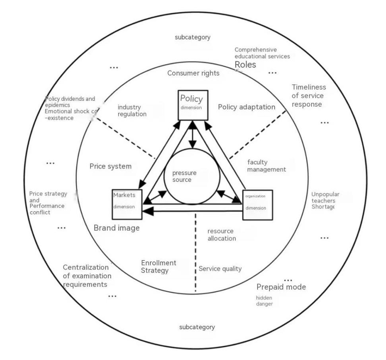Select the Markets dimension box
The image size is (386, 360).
pos(127,204)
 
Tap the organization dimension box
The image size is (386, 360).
pos(257,204)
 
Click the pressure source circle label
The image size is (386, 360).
pos(184,176)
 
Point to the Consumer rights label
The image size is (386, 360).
pos(193,73)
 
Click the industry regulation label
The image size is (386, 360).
pos(132,111)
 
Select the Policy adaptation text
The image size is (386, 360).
pos(246,107)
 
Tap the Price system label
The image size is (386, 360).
pos(110,166)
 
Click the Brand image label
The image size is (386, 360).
pos(116,228)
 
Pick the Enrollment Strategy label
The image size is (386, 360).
pos(158,267)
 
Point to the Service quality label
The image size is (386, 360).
pos(220,269)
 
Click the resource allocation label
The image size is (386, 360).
pos(222,235)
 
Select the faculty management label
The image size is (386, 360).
pos(266,166)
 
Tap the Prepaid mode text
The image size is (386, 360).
pos(281,287)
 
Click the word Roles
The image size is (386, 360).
pos(245,65)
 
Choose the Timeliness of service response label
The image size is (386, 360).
pos(308,96)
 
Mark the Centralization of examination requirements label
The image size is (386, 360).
pos(87,276)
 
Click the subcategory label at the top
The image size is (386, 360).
pos(192,37)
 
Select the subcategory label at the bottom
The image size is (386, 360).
pos(197,327)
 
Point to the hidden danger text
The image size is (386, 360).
pos(264,301)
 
